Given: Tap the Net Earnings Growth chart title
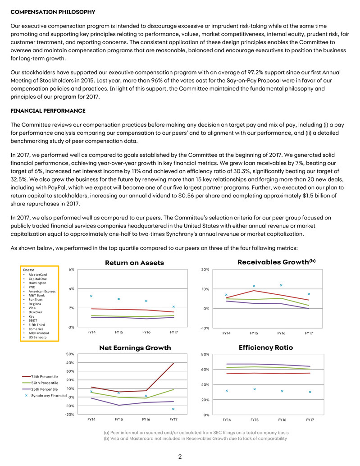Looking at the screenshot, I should (x=135, y=347).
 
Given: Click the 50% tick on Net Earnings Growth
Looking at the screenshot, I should (x=70, y=354).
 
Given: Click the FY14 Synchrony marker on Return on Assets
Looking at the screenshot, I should (x=91, y=296).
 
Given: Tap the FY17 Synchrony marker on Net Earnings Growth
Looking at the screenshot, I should (x=173, y=409).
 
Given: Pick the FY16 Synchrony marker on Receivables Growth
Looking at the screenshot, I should (x=281, y=285).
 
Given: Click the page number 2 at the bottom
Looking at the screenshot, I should (x=180, y=457).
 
